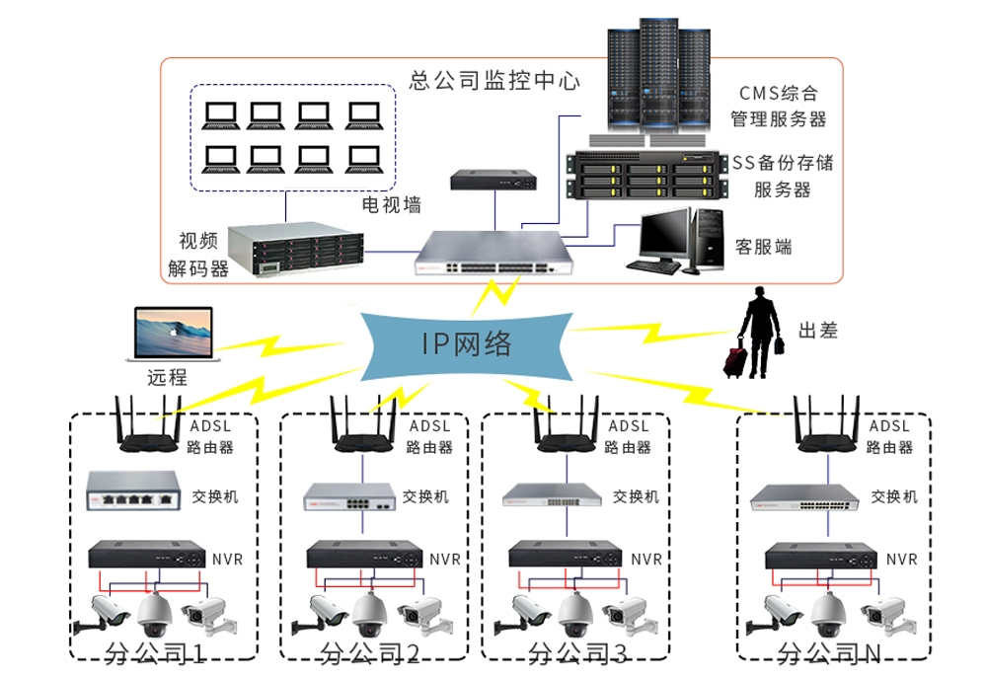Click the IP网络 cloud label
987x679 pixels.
(x=467, y=343)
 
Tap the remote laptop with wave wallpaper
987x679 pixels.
(x=173, y=336)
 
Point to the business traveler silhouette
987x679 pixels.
(x=758, y=333)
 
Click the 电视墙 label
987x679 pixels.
(x=392, y=205)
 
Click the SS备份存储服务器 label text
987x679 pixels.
(x=782, y=175)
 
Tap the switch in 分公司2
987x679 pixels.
(x=348, y=495)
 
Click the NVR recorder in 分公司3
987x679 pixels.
(x=568, y=555)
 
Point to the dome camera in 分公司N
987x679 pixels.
(x=827, y=615)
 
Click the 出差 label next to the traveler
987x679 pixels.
(x=817, y=331)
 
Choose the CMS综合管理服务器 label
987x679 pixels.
(x=778, y=107)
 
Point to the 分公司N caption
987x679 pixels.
(x=828, y=653)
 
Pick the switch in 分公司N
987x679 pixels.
(x=802, y=496)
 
